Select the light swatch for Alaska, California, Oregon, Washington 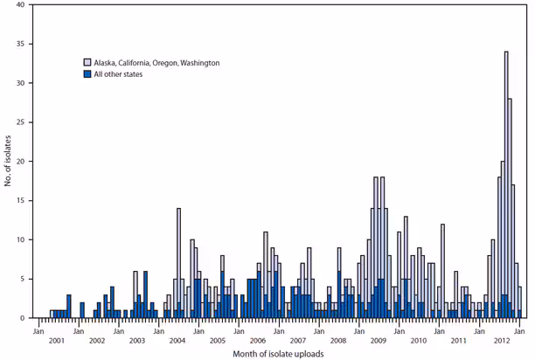tap(86, 63)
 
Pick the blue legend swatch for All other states tap(86, 74)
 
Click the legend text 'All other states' tap(119, 74)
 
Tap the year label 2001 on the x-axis tap(57, 339)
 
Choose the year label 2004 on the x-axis tap(177, 339)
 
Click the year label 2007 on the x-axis tap(297, 339)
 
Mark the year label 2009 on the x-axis tap(378, 339)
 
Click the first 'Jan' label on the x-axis tap(38, 331)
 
